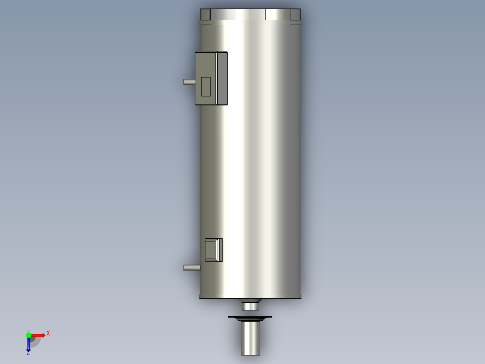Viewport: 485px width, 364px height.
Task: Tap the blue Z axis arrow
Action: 28,345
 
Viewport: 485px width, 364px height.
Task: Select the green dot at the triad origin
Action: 28,335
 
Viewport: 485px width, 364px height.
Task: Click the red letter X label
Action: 48,333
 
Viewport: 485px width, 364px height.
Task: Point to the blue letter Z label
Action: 28,353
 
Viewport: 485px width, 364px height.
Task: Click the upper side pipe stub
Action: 189,82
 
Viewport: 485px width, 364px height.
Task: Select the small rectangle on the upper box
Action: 206,86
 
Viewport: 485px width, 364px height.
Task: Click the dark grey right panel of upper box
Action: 222,78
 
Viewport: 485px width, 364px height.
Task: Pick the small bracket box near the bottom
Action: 213,250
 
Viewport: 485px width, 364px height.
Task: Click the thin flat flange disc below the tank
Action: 250,318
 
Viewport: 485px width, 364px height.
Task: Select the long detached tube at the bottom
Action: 250,338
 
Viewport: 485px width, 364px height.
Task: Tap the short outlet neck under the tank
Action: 250,306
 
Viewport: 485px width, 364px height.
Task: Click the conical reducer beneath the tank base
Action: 250,300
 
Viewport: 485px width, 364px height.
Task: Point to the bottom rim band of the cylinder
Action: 250,296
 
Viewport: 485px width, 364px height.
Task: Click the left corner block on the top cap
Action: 205,14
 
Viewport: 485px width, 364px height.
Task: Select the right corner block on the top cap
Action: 295,14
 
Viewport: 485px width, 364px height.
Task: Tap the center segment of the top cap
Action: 250,14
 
